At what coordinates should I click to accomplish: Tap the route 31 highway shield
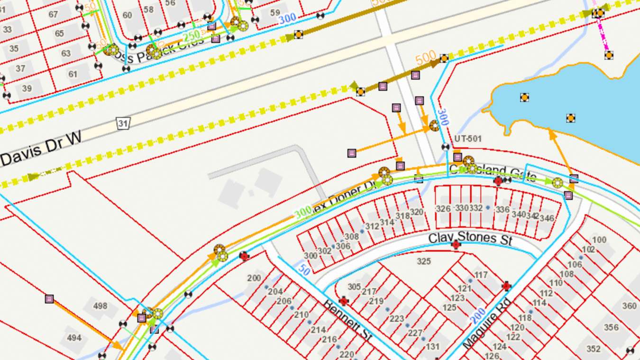click(x=123, y=124)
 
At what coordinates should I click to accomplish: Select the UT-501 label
click(x=468, y=138)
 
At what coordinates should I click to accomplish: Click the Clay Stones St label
click(x=470, y=238)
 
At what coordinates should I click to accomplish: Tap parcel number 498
click(x=101, y=306)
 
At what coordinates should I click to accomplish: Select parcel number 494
click(x=74, y=338)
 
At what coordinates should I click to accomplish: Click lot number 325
click(x=423, y=261)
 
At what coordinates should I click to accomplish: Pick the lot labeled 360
click(x=629, y=306)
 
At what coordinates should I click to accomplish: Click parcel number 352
click(x=593, y=349)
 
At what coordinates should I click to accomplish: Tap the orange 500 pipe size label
click(x=426, y=59)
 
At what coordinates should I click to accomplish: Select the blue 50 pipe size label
click(x=305, y=270)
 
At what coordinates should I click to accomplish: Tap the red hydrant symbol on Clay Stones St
click(x=456, y=245)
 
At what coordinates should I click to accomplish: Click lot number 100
click(x=599, y=240)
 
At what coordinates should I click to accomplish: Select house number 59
click(x=275, y=13)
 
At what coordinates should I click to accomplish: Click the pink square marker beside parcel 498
click(x=49, y=299)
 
